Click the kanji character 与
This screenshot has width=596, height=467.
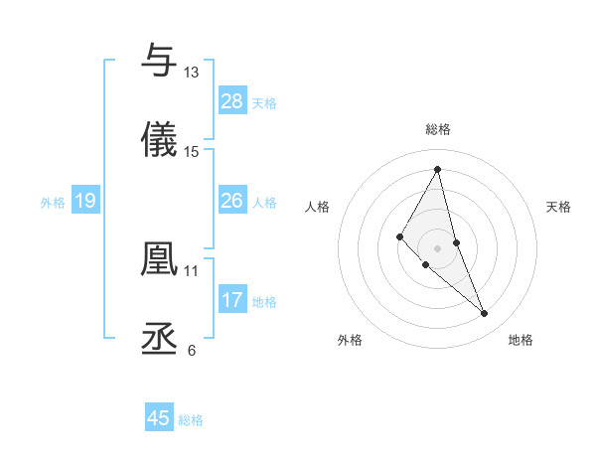point(159,61)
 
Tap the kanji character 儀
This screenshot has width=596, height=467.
point(159,140)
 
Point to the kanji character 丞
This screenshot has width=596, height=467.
point(159,338)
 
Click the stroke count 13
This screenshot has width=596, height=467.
point(192,73)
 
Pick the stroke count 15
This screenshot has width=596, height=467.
point(192,152)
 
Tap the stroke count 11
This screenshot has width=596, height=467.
point(192,270)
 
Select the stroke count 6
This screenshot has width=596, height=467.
point(192,350)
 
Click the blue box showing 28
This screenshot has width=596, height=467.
point(232,101)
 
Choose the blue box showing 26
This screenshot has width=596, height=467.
point(232,201)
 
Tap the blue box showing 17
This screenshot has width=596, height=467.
point(232,300)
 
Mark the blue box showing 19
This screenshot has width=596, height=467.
point(85,201)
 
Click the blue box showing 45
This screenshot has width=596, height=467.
point(159,418)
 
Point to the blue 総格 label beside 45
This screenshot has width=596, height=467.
point(191,420)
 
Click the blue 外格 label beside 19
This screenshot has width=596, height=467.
point(53,203)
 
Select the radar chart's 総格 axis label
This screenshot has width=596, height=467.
point(438,129)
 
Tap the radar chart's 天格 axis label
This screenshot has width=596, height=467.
point(559,207)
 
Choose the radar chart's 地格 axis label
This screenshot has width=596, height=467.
point(521,340)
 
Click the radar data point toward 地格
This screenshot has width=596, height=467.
point(485,314)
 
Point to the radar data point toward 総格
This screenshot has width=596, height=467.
point(438,169)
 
